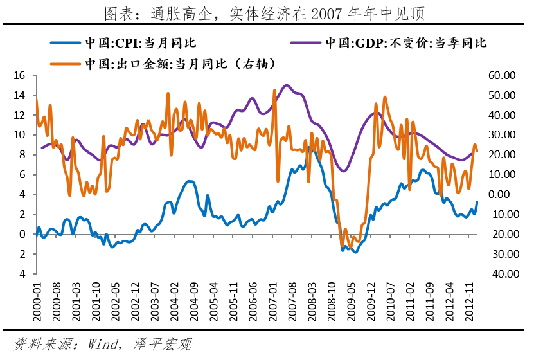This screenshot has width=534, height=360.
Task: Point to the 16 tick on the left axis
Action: click(x=19, y=75)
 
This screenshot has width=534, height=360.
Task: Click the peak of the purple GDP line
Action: click(x=287, y=85)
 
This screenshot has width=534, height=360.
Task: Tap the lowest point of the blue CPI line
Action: click(x=355, y=252)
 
